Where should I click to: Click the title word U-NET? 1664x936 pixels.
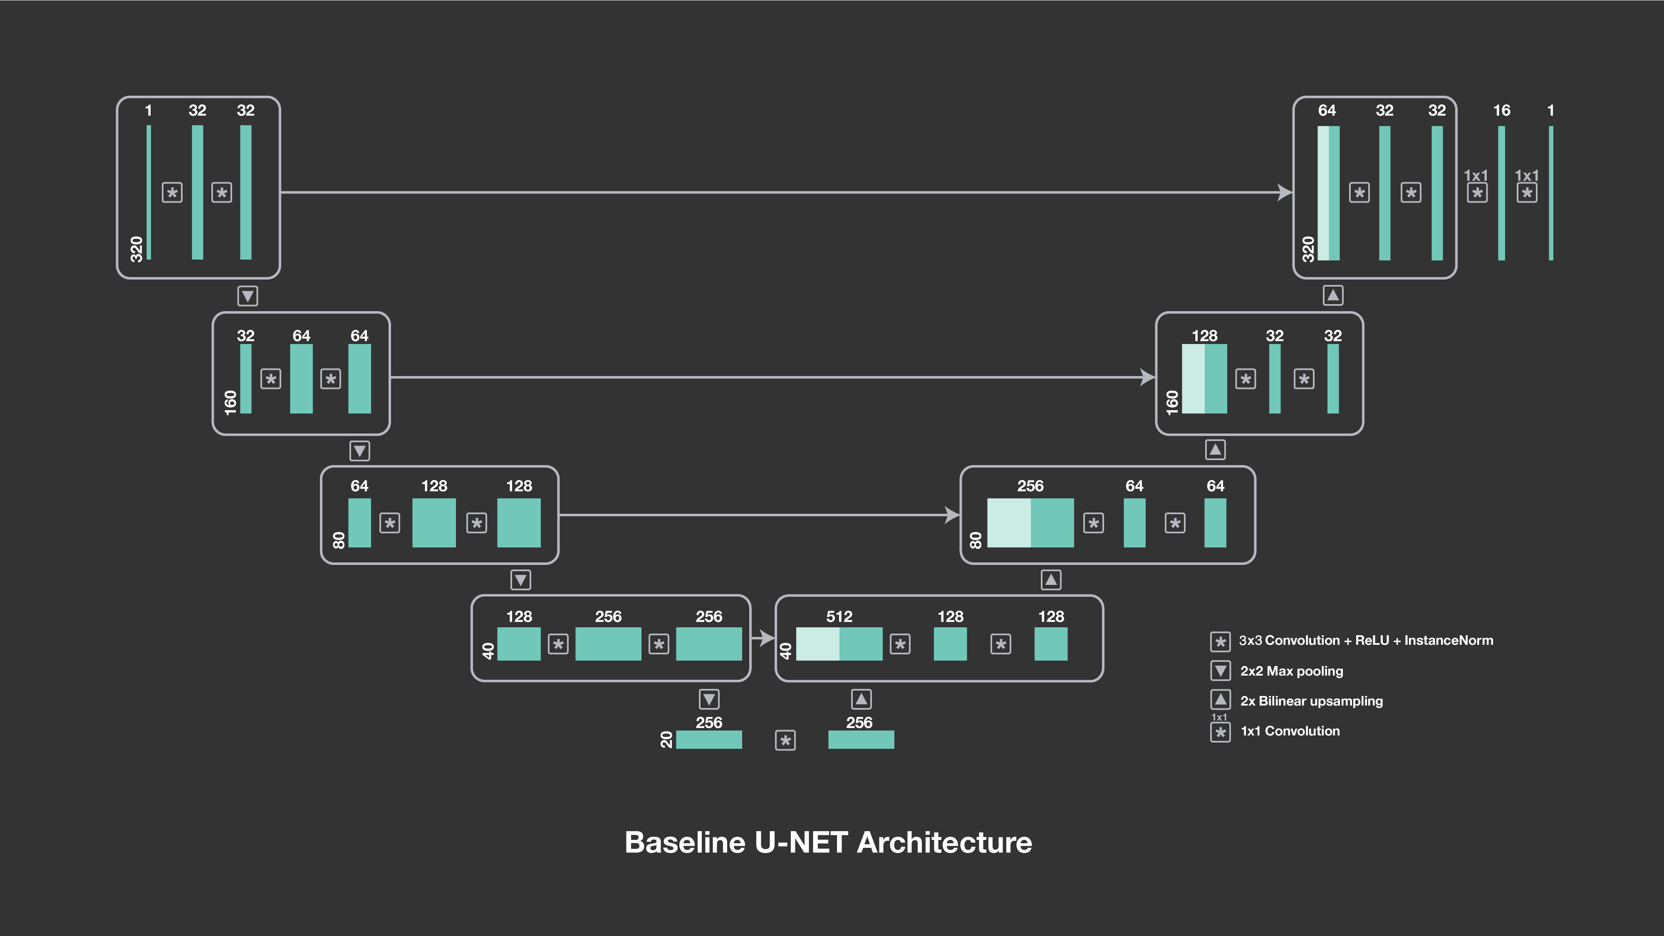pyautogui.click(x=801, y=842)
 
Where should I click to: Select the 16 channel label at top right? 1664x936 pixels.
pyautogui.click(x=1501, y=111)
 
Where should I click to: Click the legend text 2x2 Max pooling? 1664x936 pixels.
pyautogui.click(x=1291, y=671)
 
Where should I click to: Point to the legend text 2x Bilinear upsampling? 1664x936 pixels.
pyautogui.click(x=1311, y=701)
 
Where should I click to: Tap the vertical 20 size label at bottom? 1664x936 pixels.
pyautogui.click(x=666, y=740)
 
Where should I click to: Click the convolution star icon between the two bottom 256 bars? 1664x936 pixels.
pyautogui.click(x=785, y=740)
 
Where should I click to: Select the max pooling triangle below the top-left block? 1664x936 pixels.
pyautogui.click(x=248, y=296)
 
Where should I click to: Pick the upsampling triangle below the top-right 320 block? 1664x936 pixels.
pyautogui.click(x=1332, y=295)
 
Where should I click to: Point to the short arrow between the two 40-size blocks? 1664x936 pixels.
pyautogui.click(x=763, y=638)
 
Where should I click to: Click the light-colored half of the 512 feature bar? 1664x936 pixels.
pyautogui.click(x=817, y=644)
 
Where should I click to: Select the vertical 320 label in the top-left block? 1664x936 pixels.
pyautogui.click(x=136, y=249)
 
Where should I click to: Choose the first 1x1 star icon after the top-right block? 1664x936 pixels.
pyautogui.click(x=1477, y=193)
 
